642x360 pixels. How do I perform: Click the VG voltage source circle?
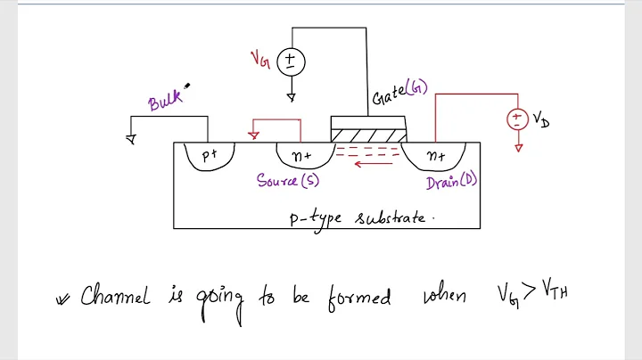291,61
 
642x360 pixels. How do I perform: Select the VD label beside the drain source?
540,119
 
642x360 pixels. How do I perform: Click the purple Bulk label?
166,100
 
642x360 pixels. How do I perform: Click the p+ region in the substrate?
210,156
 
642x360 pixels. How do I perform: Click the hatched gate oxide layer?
368,135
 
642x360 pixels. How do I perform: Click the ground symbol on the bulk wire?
131,138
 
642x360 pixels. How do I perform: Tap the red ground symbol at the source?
254,135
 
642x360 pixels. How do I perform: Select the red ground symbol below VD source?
517,147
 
